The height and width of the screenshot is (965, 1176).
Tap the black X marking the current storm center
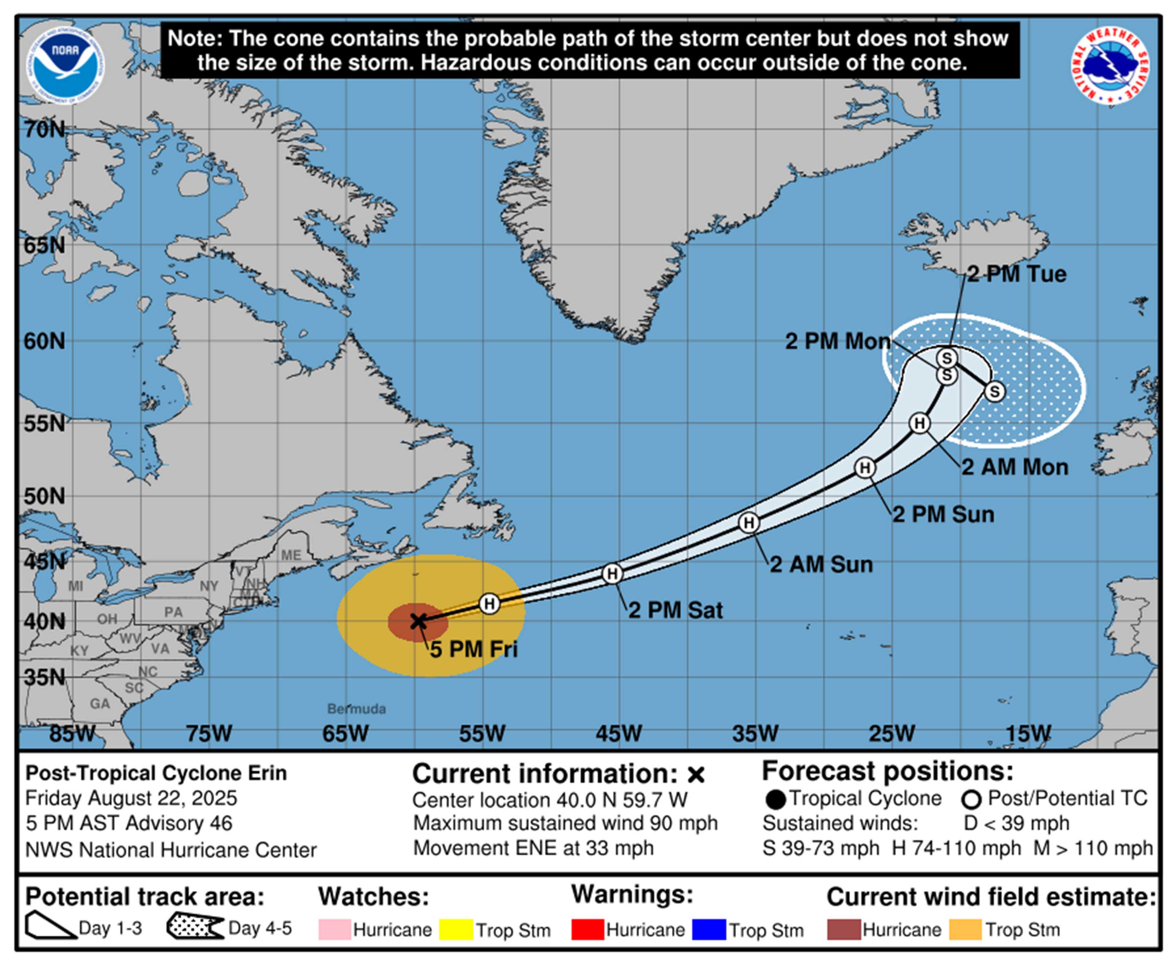click(418, 621)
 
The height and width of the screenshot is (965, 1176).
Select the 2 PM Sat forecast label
click(675, 610)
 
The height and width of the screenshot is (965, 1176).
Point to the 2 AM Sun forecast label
click(821, 565)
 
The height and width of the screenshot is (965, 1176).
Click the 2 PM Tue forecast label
click(1016, 274)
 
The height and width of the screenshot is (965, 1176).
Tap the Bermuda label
click(356, 709)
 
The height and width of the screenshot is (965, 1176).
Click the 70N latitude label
click(44, 129)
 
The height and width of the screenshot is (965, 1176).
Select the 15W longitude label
click(1028, 734)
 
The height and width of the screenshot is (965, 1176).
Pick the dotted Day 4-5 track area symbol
click(194, 927)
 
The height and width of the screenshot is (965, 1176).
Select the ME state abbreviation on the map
click(291, 555)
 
